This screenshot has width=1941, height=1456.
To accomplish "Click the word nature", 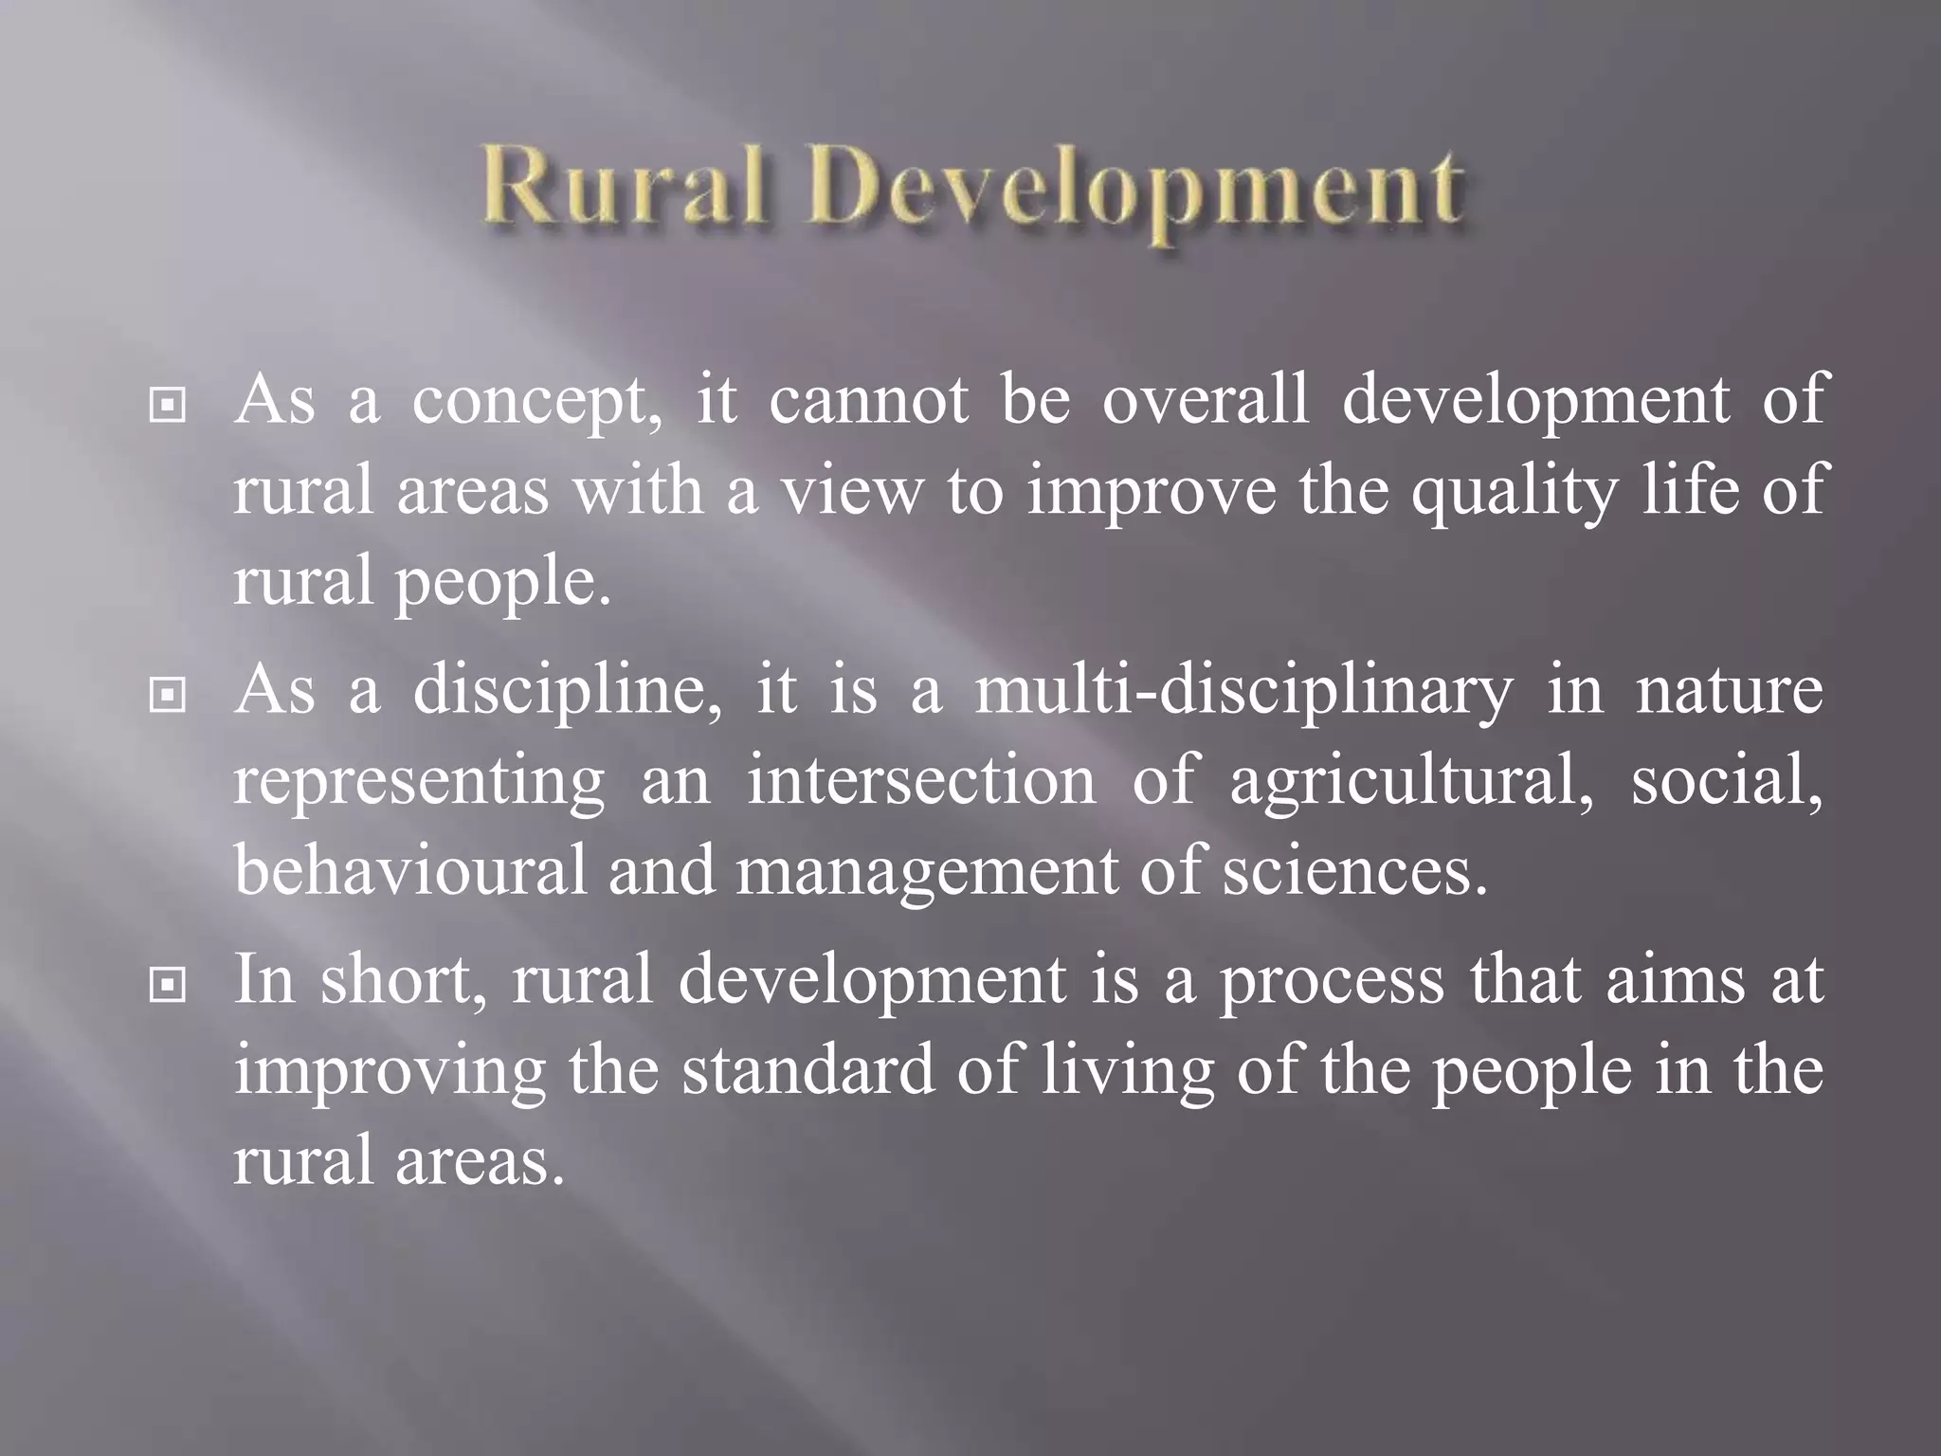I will click(x=1729, y=693).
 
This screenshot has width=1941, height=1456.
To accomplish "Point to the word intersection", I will click(x=921, y=782).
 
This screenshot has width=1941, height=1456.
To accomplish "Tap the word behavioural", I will click(x=410, y=871).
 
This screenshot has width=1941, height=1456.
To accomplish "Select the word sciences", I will click(x=1353, y=873).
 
